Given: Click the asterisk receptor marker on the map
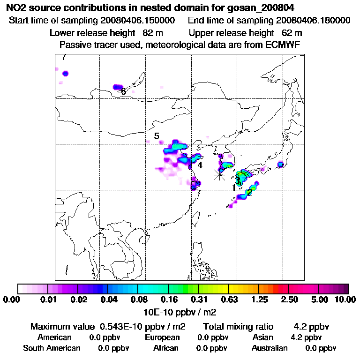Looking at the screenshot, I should tap(219, 174).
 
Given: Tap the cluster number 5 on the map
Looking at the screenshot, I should tap(157, 136).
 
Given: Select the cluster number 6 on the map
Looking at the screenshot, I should tap(123, 92).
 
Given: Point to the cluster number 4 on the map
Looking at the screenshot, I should tap(200, 165).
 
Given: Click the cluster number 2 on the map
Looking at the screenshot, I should tap(249, 192).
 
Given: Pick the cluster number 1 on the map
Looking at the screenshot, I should tap(233, 188).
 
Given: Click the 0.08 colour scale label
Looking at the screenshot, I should tap(138, 300).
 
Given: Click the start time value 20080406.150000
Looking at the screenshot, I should tap(138, 21).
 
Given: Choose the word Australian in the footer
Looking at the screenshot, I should tap(270, 348).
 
